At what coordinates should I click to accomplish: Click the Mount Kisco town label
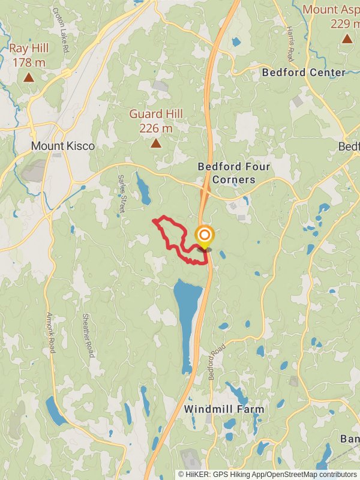point(63,146)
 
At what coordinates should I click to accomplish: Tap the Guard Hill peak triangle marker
point(156,143)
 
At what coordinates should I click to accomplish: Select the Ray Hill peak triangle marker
point(29,77)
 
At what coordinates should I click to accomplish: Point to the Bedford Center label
point(304,73)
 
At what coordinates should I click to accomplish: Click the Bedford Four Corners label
point(234,173)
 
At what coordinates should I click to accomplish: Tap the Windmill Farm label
point(224,409)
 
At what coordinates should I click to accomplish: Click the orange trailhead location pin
point(204,236)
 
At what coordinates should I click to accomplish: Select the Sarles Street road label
point(121,193)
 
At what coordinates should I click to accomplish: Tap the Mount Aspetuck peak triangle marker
point(347,39)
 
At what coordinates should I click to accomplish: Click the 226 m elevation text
point(156,128)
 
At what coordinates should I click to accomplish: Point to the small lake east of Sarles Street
point(144,190)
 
